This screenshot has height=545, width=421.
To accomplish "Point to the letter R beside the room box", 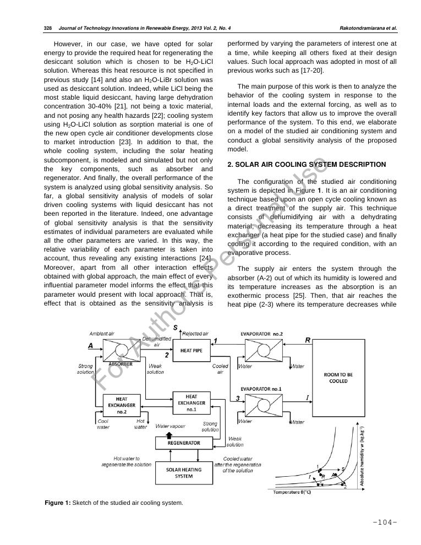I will (x=308, y=341).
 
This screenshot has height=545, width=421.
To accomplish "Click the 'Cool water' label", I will (x=103, y=424).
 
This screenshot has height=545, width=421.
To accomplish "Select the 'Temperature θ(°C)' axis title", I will (x=292, y=492).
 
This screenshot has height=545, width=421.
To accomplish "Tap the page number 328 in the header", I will (x=47, y=28).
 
